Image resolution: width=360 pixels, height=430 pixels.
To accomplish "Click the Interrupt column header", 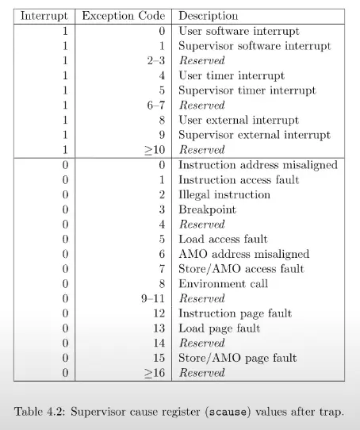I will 43,15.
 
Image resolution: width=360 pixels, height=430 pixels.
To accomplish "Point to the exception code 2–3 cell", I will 154,60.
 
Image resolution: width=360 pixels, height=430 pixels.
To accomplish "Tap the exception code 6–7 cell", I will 154,105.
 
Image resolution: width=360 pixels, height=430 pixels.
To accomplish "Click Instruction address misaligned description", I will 258,165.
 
